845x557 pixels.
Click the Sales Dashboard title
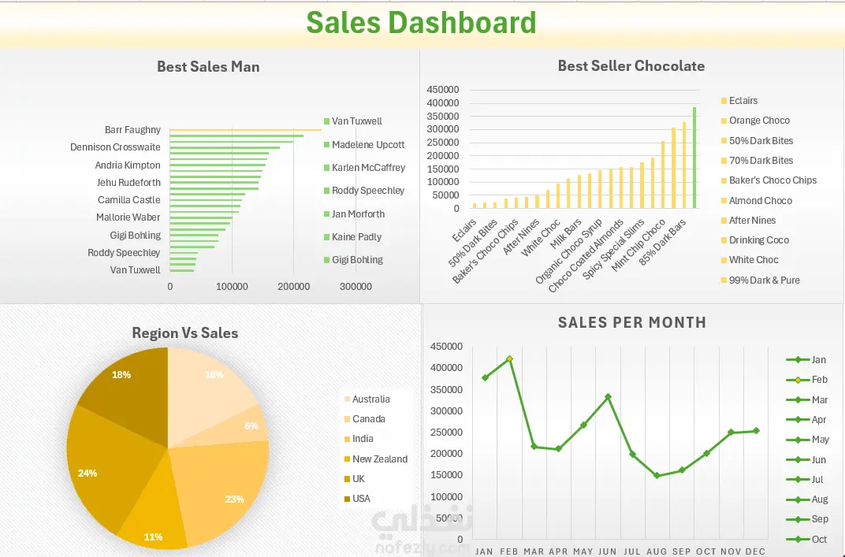(421, 23)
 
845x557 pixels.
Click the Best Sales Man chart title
(208, 67)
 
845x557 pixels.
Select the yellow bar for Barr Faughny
(245, 130)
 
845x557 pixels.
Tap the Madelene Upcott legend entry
(367, 145)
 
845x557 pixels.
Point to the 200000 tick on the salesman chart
(293, 288)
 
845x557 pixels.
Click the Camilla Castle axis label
(129, 200)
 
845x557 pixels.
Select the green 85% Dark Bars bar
(694, 158)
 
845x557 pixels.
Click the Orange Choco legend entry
(759, 121)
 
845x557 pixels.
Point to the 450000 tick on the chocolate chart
(442, 90)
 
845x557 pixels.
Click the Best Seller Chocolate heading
(631, 66)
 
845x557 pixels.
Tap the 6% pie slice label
(251, 425)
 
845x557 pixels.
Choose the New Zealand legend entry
(379, 459)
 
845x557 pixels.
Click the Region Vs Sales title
(185, 333)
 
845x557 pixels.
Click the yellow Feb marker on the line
(509, 359)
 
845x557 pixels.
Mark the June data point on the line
(608, 397)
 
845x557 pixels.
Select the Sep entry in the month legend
(819, 519)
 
